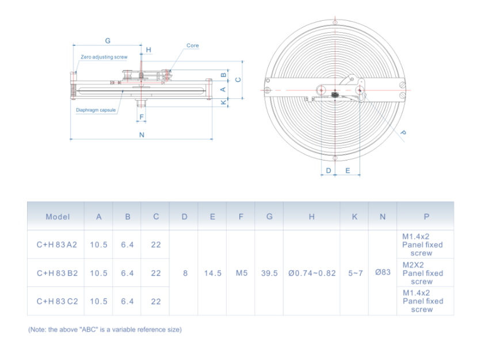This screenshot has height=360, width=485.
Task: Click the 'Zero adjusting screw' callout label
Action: point(104,58)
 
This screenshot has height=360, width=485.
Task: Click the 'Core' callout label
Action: point(193,45)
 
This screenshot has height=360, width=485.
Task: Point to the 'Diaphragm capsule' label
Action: point(96,109)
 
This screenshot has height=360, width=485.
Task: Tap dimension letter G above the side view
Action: point(108,41)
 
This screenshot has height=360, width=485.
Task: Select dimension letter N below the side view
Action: point(142,135)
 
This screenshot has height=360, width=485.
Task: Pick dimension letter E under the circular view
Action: point(348,171)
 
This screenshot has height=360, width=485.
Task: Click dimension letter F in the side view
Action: point(141,117)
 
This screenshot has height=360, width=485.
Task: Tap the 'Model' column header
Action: point(58,217)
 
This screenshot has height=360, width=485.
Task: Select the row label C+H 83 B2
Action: point(57,273)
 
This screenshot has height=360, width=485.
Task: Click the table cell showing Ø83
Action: point(383,273)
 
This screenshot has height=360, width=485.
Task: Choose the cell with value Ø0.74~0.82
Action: point(312,273)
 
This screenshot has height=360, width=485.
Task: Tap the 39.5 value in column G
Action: point(269,273)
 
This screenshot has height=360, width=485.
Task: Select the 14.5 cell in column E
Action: point(213,273)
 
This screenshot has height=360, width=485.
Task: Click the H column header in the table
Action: point(312,217)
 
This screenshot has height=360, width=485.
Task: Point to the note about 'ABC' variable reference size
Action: point(105,330)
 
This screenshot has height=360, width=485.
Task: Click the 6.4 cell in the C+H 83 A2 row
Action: point(127,244)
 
